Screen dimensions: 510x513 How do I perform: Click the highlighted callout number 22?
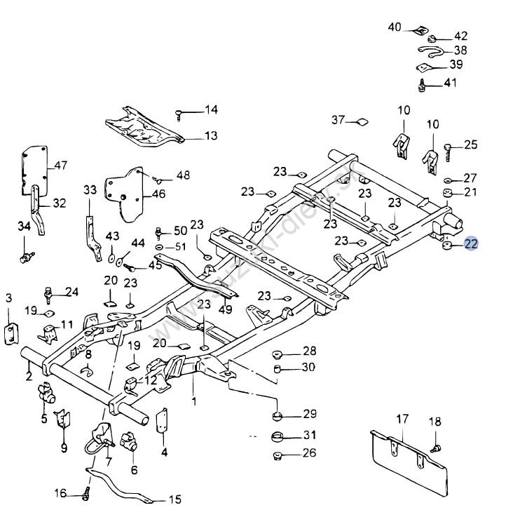coord(470,244)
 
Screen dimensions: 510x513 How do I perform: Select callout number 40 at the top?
coord(395,27)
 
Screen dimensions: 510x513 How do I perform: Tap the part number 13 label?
coord(211,136)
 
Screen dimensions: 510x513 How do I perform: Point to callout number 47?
coord(60,166)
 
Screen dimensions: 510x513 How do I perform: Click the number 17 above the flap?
coord(402,420)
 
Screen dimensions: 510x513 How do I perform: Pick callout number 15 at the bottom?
coord(175,499)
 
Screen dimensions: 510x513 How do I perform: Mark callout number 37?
coord(338,120)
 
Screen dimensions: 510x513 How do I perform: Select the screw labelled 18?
coord(435,446)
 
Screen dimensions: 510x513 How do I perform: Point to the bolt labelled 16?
coord(86,494)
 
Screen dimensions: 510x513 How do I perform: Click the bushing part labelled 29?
coord(278,415)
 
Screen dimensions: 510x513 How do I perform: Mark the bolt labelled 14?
coord(181,113)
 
